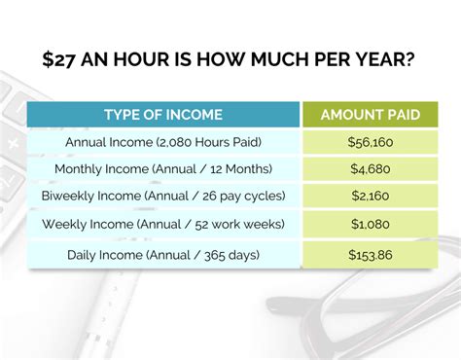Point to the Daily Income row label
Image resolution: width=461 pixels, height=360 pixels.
coord(163,254)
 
